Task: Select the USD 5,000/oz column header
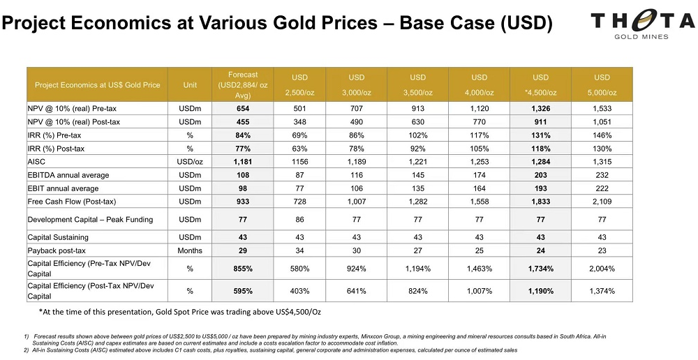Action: click(x=602, y=84)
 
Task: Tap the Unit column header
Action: click(x=190, y=85)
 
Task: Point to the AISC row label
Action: click(x=39, y=162)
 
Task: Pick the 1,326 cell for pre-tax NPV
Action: click(x=540, y=109)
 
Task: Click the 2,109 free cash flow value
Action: click(x=602, y=202)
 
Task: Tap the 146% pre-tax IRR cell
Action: click(x=602, y=135)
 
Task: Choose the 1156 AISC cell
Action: click(x=299, y=162)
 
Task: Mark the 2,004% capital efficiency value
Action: click(x=602, y=269)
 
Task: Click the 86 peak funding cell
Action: click(x=299, y=220)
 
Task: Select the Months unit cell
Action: click(x=190, y=250)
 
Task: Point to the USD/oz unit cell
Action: click(x=190, y=162)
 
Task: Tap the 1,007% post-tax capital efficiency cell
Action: click(x=479, y=290)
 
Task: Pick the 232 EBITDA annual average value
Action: click(x=602, y=175)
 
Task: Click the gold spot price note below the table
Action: click(x=181, y=311)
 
